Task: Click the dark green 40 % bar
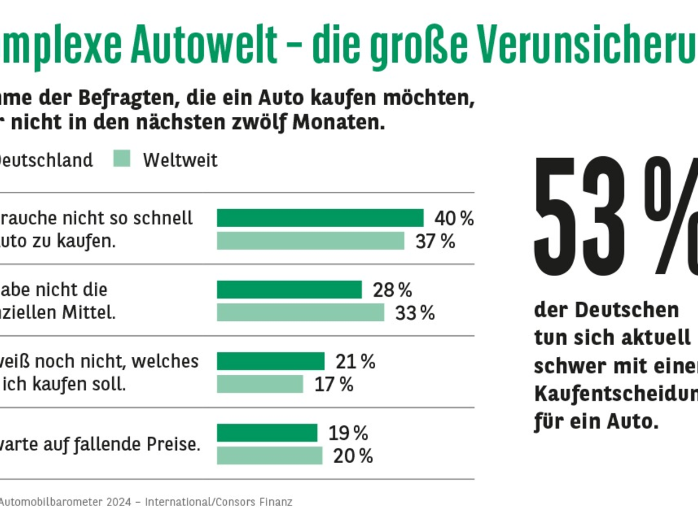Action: point(320,218)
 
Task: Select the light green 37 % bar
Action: point(310,241)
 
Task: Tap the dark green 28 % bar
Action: point(289,289)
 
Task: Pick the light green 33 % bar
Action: point(300,312)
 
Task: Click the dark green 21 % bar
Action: point(270,361)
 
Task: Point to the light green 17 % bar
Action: point(260,384)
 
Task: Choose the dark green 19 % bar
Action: point(267,433)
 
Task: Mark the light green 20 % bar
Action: point(269,456)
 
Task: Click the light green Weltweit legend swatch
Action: point(122,159)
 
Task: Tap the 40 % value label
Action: point(454,218)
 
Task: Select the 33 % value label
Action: point(415,313)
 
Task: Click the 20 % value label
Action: point(352,457)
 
